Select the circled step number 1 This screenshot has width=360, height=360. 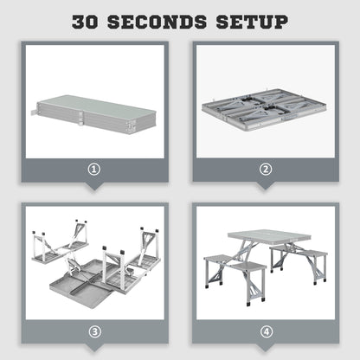[93, 170]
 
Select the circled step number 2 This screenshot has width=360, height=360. [265, 170]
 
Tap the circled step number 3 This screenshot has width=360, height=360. [93, 330]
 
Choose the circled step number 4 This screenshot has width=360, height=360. [265, 330]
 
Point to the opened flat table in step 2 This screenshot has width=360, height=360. [264, 111]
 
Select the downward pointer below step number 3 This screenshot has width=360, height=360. [93, 347]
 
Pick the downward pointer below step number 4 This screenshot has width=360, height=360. [265, 347]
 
